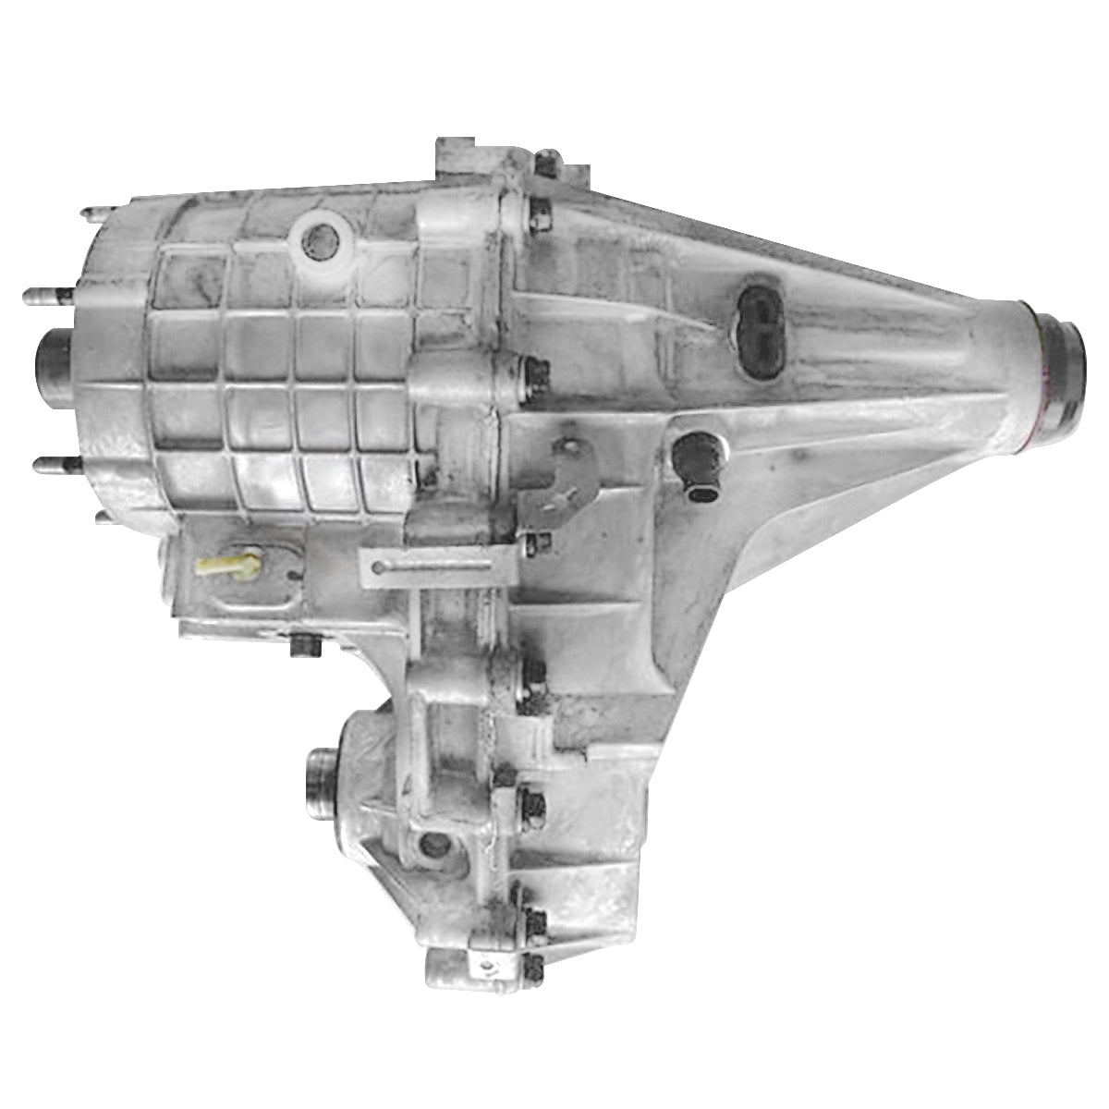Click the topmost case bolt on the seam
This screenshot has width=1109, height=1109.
point(545,165)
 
